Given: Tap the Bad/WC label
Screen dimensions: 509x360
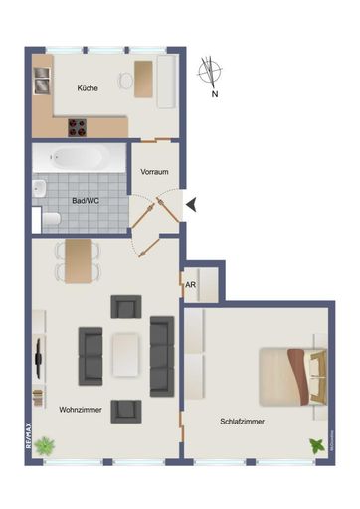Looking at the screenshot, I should pos(85,199).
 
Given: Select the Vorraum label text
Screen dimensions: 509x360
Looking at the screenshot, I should pos(154,171).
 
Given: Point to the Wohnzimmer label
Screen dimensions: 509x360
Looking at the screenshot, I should pos(79,409).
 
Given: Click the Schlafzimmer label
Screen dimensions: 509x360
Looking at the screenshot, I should pos(243,421).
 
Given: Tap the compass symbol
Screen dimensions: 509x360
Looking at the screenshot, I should pos(211,71).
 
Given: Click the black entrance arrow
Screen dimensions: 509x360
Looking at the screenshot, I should pos(193,205).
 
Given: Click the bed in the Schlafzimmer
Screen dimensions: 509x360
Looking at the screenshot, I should pos(291,376).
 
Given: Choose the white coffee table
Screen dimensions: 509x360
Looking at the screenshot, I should pos(126,354).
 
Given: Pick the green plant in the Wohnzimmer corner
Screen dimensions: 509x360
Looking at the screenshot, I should pos(46,446).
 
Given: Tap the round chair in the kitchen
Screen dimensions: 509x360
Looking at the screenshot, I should pos(124,80).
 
